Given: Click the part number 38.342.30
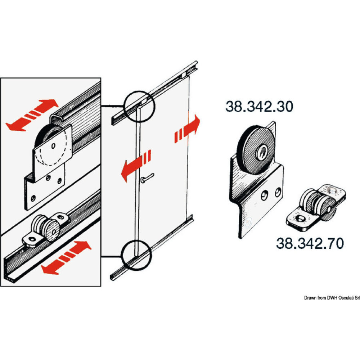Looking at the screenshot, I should (x=259, y=107).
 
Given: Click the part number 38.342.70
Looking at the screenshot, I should (x=310, y=243).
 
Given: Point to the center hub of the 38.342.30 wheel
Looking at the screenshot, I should (x=260, y=153).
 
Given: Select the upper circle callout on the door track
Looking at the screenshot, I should (x=139, y=104).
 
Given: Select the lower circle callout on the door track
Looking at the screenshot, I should (x=137, y=255).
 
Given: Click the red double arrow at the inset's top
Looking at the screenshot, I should (x=32, y=114).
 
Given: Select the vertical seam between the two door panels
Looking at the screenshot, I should (x=137, y=180).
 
